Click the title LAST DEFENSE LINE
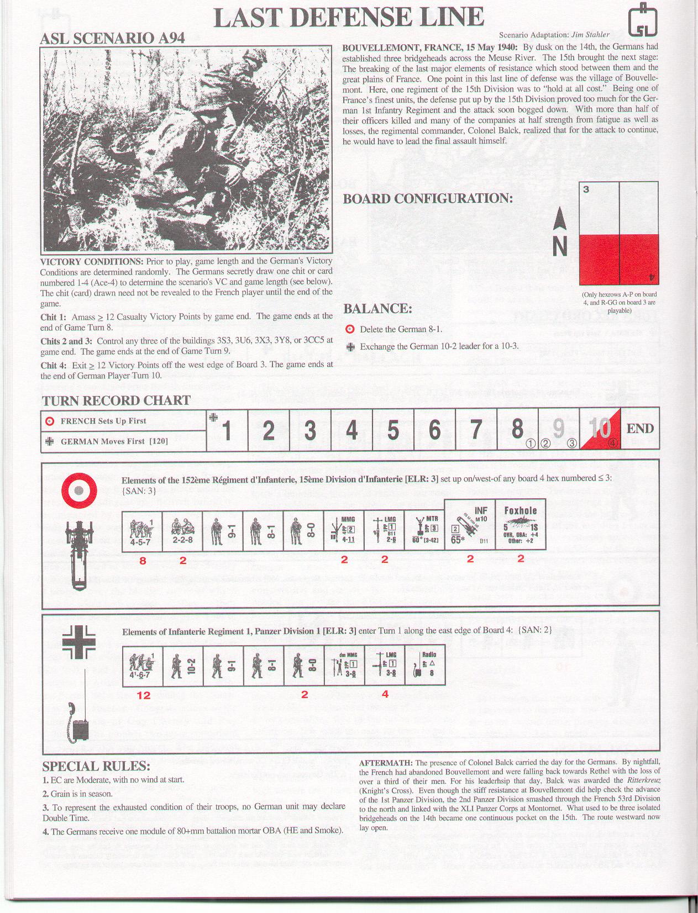349,17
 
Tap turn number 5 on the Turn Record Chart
393,430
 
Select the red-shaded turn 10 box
600,429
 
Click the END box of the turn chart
640,429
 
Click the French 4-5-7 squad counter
142,531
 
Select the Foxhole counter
521,525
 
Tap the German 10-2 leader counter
183,666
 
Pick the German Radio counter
425,666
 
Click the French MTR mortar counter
425,531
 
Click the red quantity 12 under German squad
144,695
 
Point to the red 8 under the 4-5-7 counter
143,560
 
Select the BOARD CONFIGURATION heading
427,198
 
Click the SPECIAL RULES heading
96,766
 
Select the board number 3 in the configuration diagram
586,189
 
